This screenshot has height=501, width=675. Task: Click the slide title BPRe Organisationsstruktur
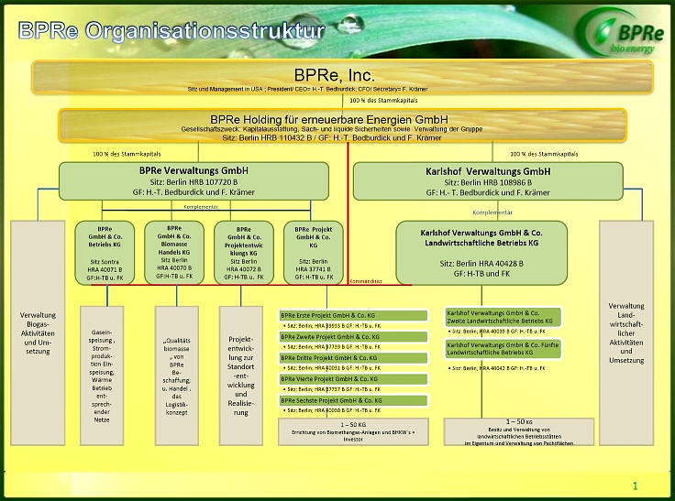coord(172,31)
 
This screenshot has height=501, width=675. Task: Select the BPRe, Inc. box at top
coord(341,78)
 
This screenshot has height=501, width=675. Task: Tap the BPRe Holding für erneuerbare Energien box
coord(341,127)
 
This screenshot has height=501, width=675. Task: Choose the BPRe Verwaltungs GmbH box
coord(194,182)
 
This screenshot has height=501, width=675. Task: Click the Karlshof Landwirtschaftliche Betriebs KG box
coord(481,251)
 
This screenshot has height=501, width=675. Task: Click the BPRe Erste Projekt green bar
coord(353,316)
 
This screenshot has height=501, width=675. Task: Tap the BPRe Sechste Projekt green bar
coord(353,400)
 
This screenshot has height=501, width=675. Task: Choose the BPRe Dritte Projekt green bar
coord(353,358)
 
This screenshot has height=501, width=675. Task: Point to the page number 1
coord(635,485)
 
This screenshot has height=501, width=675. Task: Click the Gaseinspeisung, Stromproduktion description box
coord(101,374)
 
